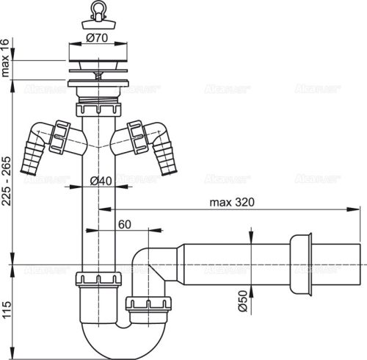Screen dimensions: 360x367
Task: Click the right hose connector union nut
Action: click(x=137, y=134)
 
